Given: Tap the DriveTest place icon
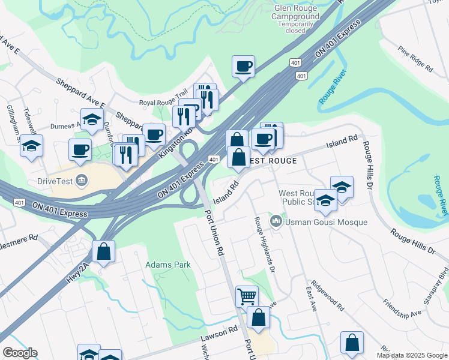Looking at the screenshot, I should (x=82, y=179).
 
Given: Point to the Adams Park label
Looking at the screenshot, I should (x=163, y=264).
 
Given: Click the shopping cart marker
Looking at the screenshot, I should (x=247, y=295).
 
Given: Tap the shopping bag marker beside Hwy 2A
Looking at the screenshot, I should (x=103, y=251).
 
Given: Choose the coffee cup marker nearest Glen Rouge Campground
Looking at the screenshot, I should (x=243, y=66).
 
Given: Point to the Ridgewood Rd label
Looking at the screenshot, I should (x=332, y=298).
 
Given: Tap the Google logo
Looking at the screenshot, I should (x=20, y=353).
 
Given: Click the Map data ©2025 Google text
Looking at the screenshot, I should (x=411, y=355).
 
